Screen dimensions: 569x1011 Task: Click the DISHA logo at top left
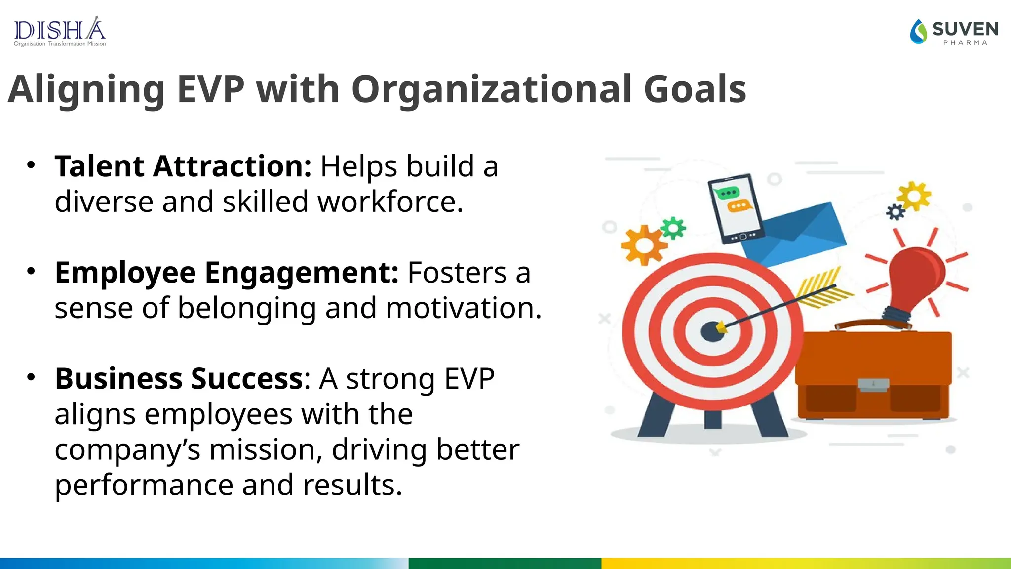(x=60, y=32)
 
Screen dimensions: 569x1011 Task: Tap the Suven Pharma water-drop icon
(x=919, y=32)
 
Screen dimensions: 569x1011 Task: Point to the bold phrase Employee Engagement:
(x=227, y=273)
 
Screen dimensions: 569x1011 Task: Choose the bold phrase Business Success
(x=179, y=379)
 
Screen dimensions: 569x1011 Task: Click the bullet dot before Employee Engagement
(x=31, y=271)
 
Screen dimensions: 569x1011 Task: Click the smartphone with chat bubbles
(x=736, y=208)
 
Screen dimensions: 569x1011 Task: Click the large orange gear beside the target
(x=643, y=245)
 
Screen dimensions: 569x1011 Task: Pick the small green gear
(x=673, y=228)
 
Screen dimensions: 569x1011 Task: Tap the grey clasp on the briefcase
(x=873, y=384)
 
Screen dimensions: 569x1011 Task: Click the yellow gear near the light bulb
(x=914, y=196)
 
